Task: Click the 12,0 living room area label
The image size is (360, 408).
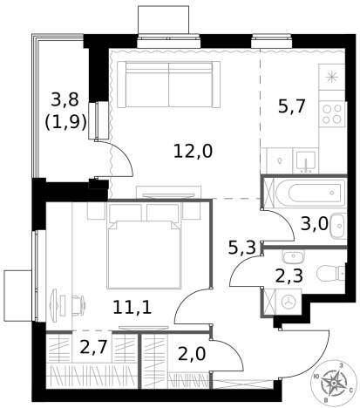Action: (x=193, y=152)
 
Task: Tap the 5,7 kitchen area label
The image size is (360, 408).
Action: (x=292, y=106)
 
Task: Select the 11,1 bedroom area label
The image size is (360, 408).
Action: (x=132, y=308)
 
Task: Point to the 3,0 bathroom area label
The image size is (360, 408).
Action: (x=315, y=224)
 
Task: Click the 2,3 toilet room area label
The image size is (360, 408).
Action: (x=289, y=275)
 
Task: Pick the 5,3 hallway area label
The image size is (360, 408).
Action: (x=241, y=248)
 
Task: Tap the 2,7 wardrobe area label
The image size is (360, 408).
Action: (x=94, y=347)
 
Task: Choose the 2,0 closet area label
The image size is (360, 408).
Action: (x=192, y=354)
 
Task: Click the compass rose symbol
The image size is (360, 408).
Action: (x=334, y=384)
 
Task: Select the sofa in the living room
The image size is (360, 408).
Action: (x=168, y=85)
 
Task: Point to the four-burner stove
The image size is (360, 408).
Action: (x=332, y=114)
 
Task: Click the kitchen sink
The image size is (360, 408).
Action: (x=306, y=160)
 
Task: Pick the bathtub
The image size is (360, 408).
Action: (x=310, y=193)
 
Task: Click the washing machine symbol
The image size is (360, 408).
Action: (x=289, y=302)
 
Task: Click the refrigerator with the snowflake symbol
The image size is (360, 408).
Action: (x=332, y=77)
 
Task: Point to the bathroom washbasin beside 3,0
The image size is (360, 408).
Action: (x=338, y=226)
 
